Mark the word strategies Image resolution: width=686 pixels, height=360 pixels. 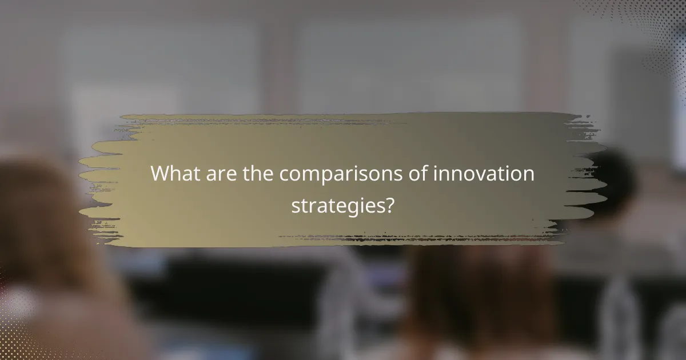click(x=336, y=206)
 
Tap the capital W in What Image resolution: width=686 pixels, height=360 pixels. click(x=161, y=174)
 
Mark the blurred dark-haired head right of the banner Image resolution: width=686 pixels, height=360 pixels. click(x=615, y=177)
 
